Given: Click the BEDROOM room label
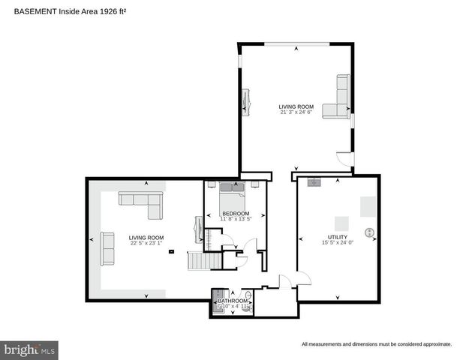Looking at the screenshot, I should (x=236, y=213).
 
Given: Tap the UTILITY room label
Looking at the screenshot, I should (x=337, y=237).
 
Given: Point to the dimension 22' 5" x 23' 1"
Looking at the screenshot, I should (x=146, y=242).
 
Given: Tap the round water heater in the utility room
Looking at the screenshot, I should (x=368, y=232).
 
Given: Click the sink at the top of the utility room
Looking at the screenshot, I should (x=314, y=181).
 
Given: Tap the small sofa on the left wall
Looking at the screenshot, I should (x=107, y=247).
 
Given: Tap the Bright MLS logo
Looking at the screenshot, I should (x=30, y=349).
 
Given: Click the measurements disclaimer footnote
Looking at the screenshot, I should (x=376, y=344).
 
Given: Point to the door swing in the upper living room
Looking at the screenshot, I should (x=343, y=160).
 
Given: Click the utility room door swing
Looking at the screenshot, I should (x=302, y=277).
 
